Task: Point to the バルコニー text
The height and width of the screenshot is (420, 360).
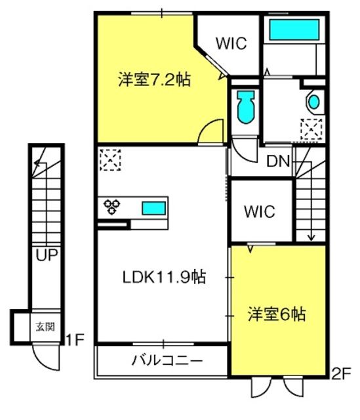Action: pyautogui.click(x=167, y=360)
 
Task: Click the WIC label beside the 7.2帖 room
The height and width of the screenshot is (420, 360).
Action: pyautogui.click(x=231, y=44)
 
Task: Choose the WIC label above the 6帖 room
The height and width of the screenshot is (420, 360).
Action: pyautogui.click(x=260, y=211)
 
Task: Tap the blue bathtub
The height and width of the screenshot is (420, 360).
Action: pyautogui.click(x=292, y=30)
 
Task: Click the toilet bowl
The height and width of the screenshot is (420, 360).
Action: pyautogui.click(x=247, y=105)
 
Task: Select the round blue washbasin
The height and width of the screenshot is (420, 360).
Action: pyautogui.click(x=313, y=102)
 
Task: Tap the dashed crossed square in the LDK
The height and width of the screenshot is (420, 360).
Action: pyautogui.click(x=110, y=159)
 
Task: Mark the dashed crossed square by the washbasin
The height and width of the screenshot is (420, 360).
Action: pyautogui.click(x=311, y=129)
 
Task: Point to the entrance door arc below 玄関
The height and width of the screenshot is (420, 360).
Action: pyautogui.click(x=48, y=357)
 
